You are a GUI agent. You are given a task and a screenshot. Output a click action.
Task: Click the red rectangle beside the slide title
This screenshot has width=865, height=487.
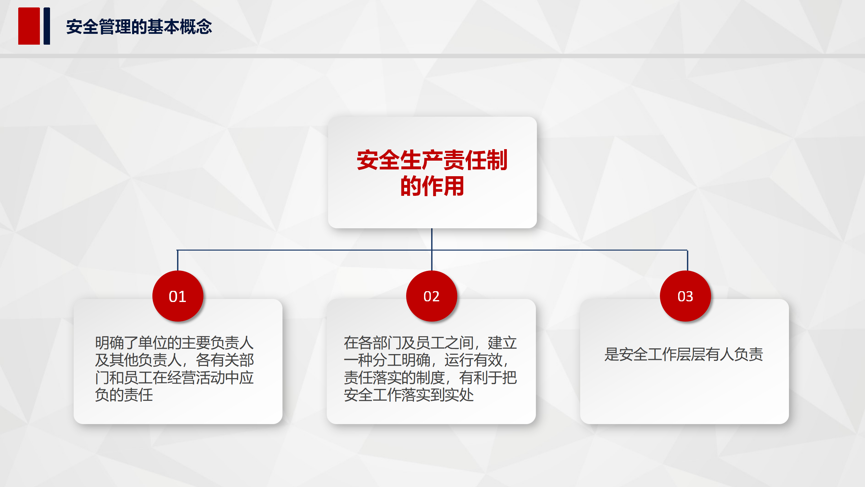(x=29, y=26)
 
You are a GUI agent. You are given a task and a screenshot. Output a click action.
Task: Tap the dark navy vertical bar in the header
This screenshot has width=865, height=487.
(x=47, y=26)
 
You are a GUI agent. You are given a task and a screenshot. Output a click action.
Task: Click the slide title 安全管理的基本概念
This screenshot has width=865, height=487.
(x=139, y=27)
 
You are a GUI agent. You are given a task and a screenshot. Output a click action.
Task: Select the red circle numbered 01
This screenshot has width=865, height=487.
(x=178, y=296)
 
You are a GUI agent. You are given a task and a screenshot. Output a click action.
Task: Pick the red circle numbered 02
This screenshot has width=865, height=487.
(x=431, y=296)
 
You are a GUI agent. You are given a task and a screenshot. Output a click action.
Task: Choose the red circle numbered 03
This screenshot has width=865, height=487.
(x=685, y=296)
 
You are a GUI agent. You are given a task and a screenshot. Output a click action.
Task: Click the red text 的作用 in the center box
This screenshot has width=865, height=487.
(x=432, y=186)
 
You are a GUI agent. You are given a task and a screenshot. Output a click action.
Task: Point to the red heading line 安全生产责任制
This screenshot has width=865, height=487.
(x=432, y=160)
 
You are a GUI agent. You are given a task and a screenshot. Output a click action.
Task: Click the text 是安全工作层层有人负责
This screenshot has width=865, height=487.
(x=684, y=354)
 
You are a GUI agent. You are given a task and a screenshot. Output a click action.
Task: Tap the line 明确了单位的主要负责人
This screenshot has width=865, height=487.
(x=174, y=343)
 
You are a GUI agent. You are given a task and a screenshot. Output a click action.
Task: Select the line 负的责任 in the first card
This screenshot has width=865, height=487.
(x=124, y=395)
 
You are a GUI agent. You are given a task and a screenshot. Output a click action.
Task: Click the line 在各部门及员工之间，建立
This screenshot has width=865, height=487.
(x=430, y=343)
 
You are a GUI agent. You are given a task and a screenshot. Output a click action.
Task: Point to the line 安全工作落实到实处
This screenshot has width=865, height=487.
(x=409, y=395)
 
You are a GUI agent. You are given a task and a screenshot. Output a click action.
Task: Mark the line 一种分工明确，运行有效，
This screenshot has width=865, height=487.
(x=426, y=360)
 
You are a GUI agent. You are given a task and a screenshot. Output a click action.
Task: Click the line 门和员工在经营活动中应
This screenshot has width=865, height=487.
(x=174, y=378)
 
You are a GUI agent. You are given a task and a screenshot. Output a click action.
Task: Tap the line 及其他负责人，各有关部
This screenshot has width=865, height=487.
(x=174, y=360)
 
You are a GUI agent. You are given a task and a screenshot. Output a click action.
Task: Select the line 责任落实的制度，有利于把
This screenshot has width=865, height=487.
(x=430, y=378)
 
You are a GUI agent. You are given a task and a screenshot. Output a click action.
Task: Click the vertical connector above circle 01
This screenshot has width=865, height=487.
(x=177, y=260)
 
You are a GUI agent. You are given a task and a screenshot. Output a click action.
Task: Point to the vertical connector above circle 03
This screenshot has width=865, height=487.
(x=687, y=260)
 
